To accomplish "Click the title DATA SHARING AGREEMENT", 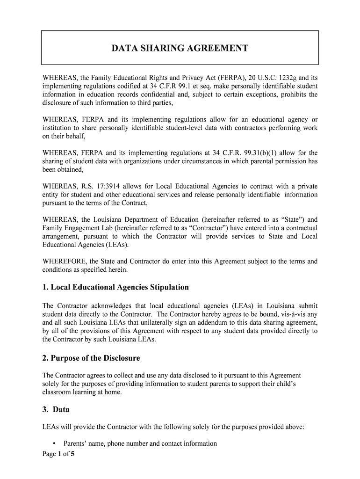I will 180,48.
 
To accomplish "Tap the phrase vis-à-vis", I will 292,314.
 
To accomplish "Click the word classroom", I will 58,392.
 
